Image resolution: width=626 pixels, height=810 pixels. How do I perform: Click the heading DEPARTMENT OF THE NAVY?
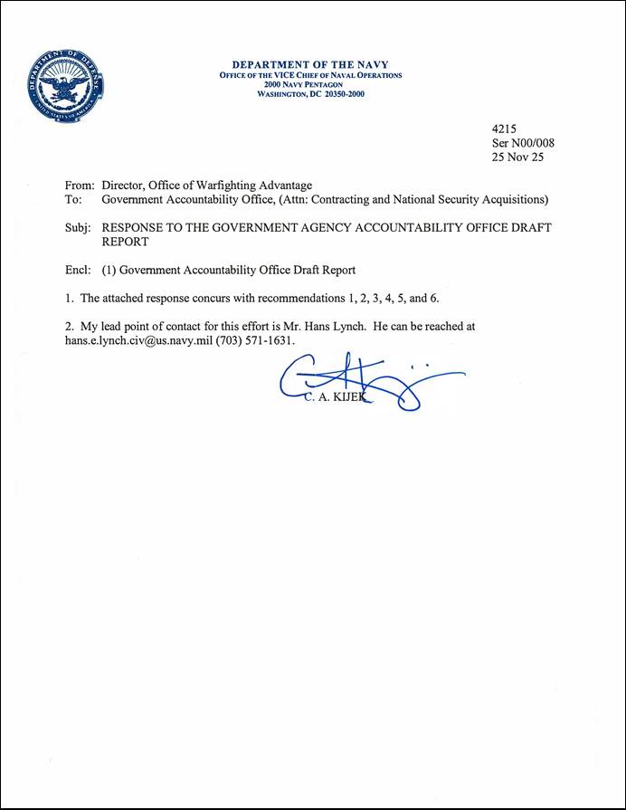310,65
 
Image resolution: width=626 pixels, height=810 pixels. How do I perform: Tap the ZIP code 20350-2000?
338,93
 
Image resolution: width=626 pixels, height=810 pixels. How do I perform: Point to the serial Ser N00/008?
522,143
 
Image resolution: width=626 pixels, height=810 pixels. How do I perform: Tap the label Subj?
80,229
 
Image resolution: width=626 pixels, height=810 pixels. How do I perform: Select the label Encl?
80,270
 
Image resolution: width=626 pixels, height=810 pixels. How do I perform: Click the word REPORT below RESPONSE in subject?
126,243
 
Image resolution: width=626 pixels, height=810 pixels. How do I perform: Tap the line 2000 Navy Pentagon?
310,84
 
